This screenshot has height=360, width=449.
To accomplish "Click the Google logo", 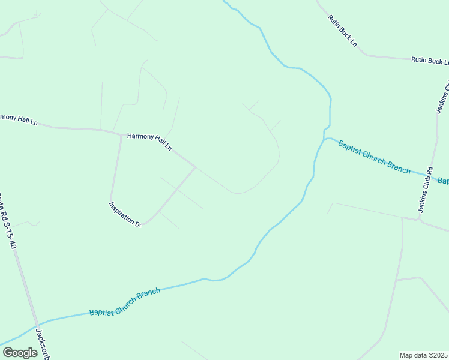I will [20, 353].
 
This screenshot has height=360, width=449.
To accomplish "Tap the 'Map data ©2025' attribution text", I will [423, 355].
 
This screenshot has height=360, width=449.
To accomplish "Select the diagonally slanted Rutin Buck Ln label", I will [342, 31].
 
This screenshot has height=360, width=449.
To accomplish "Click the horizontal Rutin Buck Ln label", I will [429, 61].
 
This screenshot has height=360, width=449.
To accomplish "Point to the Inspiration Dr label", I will [125, 214].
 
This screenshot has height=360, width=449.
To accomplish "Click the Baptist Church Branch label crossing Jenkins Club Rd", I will [373, 157].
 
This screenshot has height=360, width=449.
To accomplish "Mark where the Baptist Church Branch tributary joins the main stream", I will [325, 139].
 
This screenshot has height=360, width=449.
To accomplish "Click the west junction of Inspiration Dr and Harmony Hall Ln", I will [121, 135].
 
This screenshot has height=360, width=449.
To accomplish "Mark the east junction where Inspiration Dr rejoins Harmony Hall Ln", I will [195, 167].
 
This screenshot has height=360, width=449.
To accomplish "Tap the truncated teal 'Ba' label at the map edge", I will [443, 181].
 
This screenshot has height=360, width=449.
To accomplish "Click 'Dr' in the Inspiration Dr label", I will [137, 223].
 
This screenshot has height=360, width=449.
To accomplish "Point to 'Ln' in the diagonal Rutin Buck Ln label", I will [354, 43].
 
